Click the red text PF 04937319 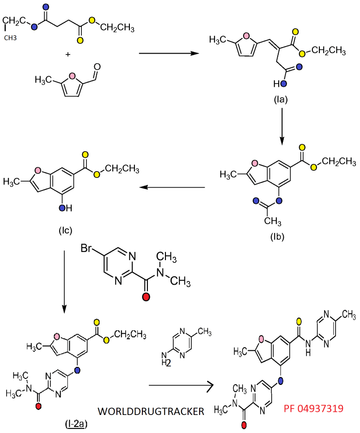click(313, 408)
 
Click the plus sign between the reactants click(68, 55)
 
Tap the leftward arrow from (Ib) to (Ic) click(173, 188)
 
